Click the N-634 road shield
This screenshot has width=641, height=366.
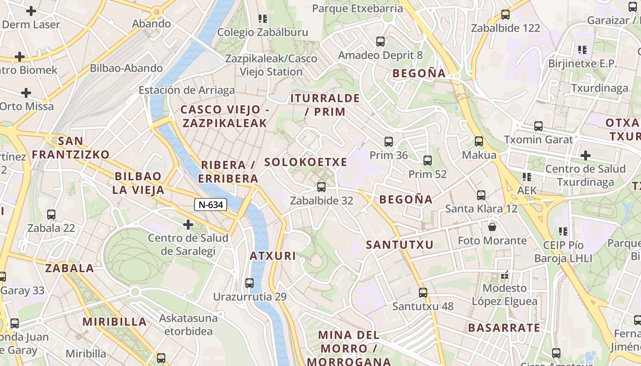pyautogui.click(x=211, y=205)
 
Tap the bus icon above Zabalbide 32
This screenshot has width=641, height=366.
pyautogui.click(x=321, y=187)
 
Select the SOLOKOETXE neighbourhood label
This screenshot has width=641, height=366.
pyautogui.click(x=306, y=162)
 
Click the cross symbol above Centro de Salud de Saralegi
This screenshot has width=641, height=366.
pyautogui.click(x=188, y=225)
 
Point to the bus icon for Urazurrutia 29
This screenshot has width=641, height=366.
pyautogui.click(x=250, y=283)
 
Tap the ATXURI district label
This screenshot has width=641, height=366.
pyautogui.click(x=273, y=256)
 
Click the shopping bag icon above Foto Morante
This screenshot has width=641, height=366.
pyautogui.click(x=493, y=226)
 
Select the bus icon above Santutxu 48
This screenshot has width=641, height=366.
pyautogui.click(x=423, y=292)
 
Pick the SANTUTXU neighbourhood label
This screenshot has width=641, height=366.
pyautogui.click(x=400, y=245)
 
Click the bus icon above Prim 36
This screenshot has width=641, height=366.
pyautogui.click(x=389, y=141)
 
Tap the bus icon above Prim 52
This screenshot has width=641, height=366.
pyautogui.click(x=428, y=160)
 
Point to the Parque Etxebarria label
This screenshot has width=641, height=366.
pyautogui.click(x=358, y=8)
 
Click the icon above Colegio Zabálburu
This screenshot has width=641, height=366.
pyautogui.click(x=263, y=19)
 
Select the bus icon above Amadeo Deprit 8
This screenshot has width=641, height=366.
pyautogui.click(x=380, y=42)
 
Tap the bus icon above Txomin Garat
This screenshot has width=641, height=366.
pyautogui.click(x=538, y=126)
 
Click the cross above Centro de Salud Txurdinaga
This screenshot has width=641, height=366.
pyautogui.click(x=586, y=156)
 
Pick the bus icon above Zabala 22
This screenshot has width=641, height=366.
pyautogui.click(x=51, y=214)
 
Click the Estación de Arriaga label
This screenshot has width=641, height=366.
pyautogui.click(x=187, y=90)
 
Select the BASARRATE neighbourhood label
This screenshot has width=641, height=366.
pyautogui.click(x=504, y=328)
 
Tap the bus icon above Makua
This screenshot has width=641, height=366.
pyautogui.click(x=479, y=141)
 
